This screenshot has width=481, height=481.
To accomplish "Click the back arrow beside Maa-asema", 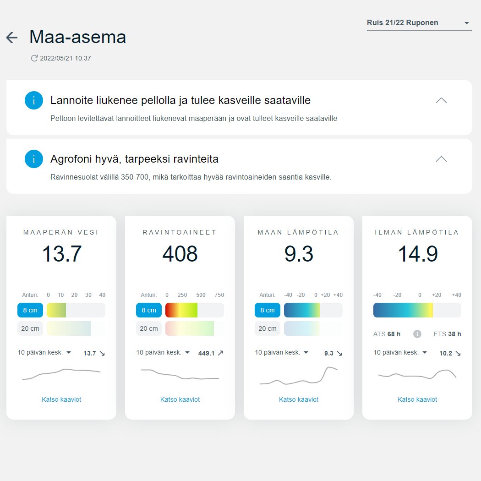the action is [x=12, y=38].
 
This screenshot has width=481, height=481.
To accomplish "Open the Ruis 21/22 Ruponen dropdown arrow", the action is [x=467, y=23].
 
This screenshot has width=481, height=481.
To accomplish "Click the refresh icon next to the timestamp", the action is [x=34, y=58].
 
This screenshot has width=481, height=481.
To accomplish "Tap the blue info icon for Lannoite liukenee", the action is [x=34, y=100].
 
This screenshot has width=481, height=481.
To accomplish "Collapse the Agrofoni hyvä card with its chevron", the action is [x=441, y=159].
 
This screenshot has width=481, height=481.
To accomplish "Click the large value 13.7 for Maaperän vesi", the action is [x=62, y=254].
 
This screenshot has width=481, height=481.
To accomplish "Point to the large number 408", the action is [x=180, y=254].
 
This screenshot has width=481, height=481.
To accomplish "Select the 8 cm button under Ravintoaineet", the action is [x=149, y=310].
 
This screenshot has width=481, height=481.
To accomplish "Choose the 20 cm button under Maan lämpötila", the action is [x=268, y=328].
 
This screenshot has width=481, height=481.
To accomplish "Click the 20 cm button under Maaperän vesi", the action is [x=30, y=328].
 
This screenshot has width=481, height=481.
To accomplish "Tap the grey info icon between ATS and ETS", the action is [x=417, y=334].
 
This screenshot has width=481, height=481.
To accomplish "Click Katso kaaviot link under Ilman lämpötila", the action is [x=417, y=399].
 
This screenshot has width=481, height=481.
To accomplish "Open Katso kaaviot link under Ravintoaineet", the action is [x=180, y=399].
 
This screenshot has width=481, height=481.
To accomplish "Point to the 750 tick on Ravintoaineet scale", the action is [x=219, y=295].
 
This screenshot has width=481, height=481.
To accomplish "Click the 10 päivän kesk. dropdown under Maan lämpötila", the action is [x=281, y=352].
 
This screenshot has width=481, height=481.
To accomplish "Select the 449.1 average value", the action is [x=206, y=353].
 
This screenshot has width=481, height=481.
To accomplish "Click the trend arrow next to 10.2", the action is [x=458, y=353].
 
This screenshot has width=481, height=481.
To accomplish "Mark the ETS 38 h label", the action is [x=447, y=334].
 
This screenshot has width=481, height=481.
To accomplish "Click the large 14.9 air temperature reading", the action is [x=418, y=254].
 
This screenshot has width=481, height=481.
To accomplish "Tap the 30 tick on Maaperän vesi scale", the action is [x=88, y=295].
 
